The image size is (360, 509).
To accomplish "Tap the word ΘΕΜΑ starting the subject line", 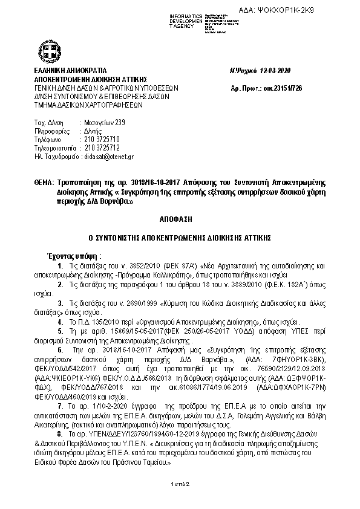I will click(44, 182).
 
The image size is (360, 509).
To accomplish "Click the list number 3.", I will click(59, 301).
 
